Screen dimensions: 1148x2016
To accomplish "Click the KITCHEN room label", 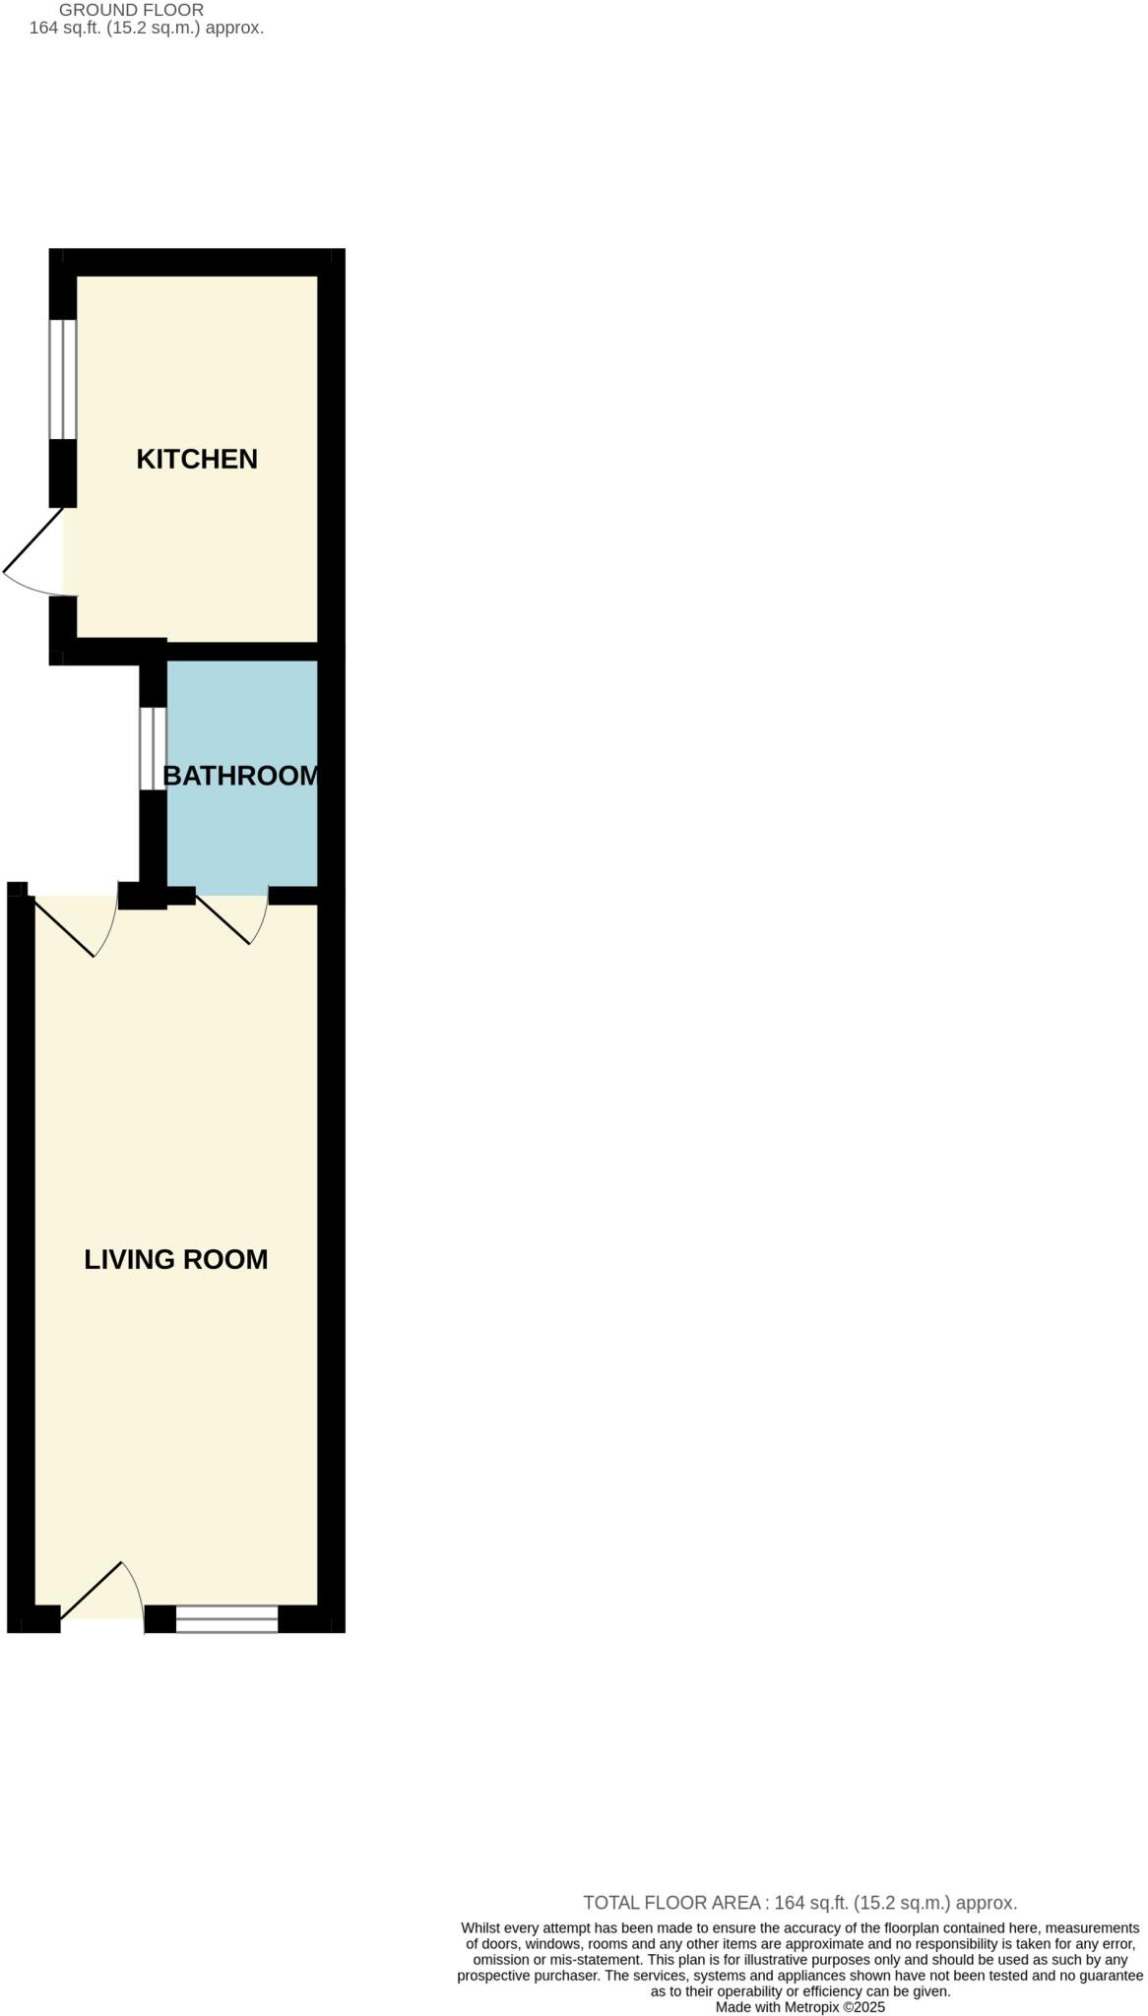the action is pyautogui.click(x=197, y=459).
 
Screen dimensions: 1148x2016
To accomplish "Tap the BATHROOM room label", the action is pyautogui.click(x=241, y=776).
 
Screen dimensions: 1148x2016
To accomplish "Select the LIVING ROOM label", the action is pyautogui.click(x=176, y=1259).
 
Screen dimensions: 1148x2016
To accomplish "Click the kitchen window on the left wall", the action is pyautogui.click(x=63, y=379).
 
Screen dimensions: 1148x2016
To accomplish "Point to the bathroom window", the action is pyautogui.click(x=153, y=749).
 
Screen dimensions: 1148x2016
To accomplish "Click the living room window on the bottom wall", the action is pyautogui.click(x=227, y=1618).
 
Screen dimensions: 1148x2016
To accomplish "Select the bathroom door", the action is pyautogui.click(x=232, y=918).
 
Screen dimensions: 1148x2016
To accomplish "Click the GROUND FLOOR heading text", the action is pyautogui.click(x=132, y=10).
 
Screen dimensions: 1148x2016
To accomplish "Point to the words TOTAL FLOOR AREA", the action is pyautogui.click(x=670, y=1903).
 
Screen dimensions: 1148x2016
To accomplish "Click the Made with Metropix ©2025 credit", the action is pyautogui.click(x=800, y=2007).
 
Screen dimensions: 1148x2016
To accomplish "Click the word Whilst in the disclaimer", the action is pyautogui.click(x=480, y=1928).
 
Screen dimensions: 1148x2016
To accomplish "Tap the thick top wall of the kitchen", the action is pyautogui.click(x=197, y=262).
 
